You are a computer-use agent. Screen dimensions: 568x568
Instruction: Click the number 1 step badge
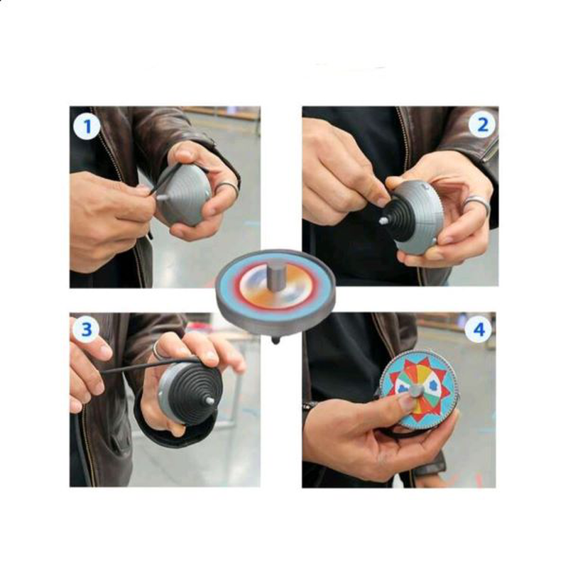[88, 127]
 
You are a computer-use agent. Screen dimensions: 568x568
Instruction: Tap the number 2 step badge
[483, 125]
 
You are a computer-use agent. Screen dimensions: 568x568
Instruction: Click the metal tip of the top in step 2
[384, 221]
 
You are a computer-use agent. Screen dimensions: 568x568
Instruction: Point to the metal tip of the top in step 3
[210, 400]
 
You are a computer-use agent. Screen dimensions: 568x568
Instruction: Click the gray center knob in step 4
[416, 390]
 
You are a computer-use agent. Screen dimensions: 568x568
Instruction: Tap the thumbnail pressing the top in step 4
[405, 402]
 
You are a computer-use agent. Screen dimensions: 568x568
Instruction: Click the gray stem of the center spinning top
[275, 274]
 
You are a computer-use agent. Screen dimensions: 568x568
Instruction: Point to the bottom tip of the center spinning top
[275, 340]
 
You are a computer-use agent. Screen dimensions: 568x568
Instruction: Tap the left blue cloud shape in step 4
[400, 387]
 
